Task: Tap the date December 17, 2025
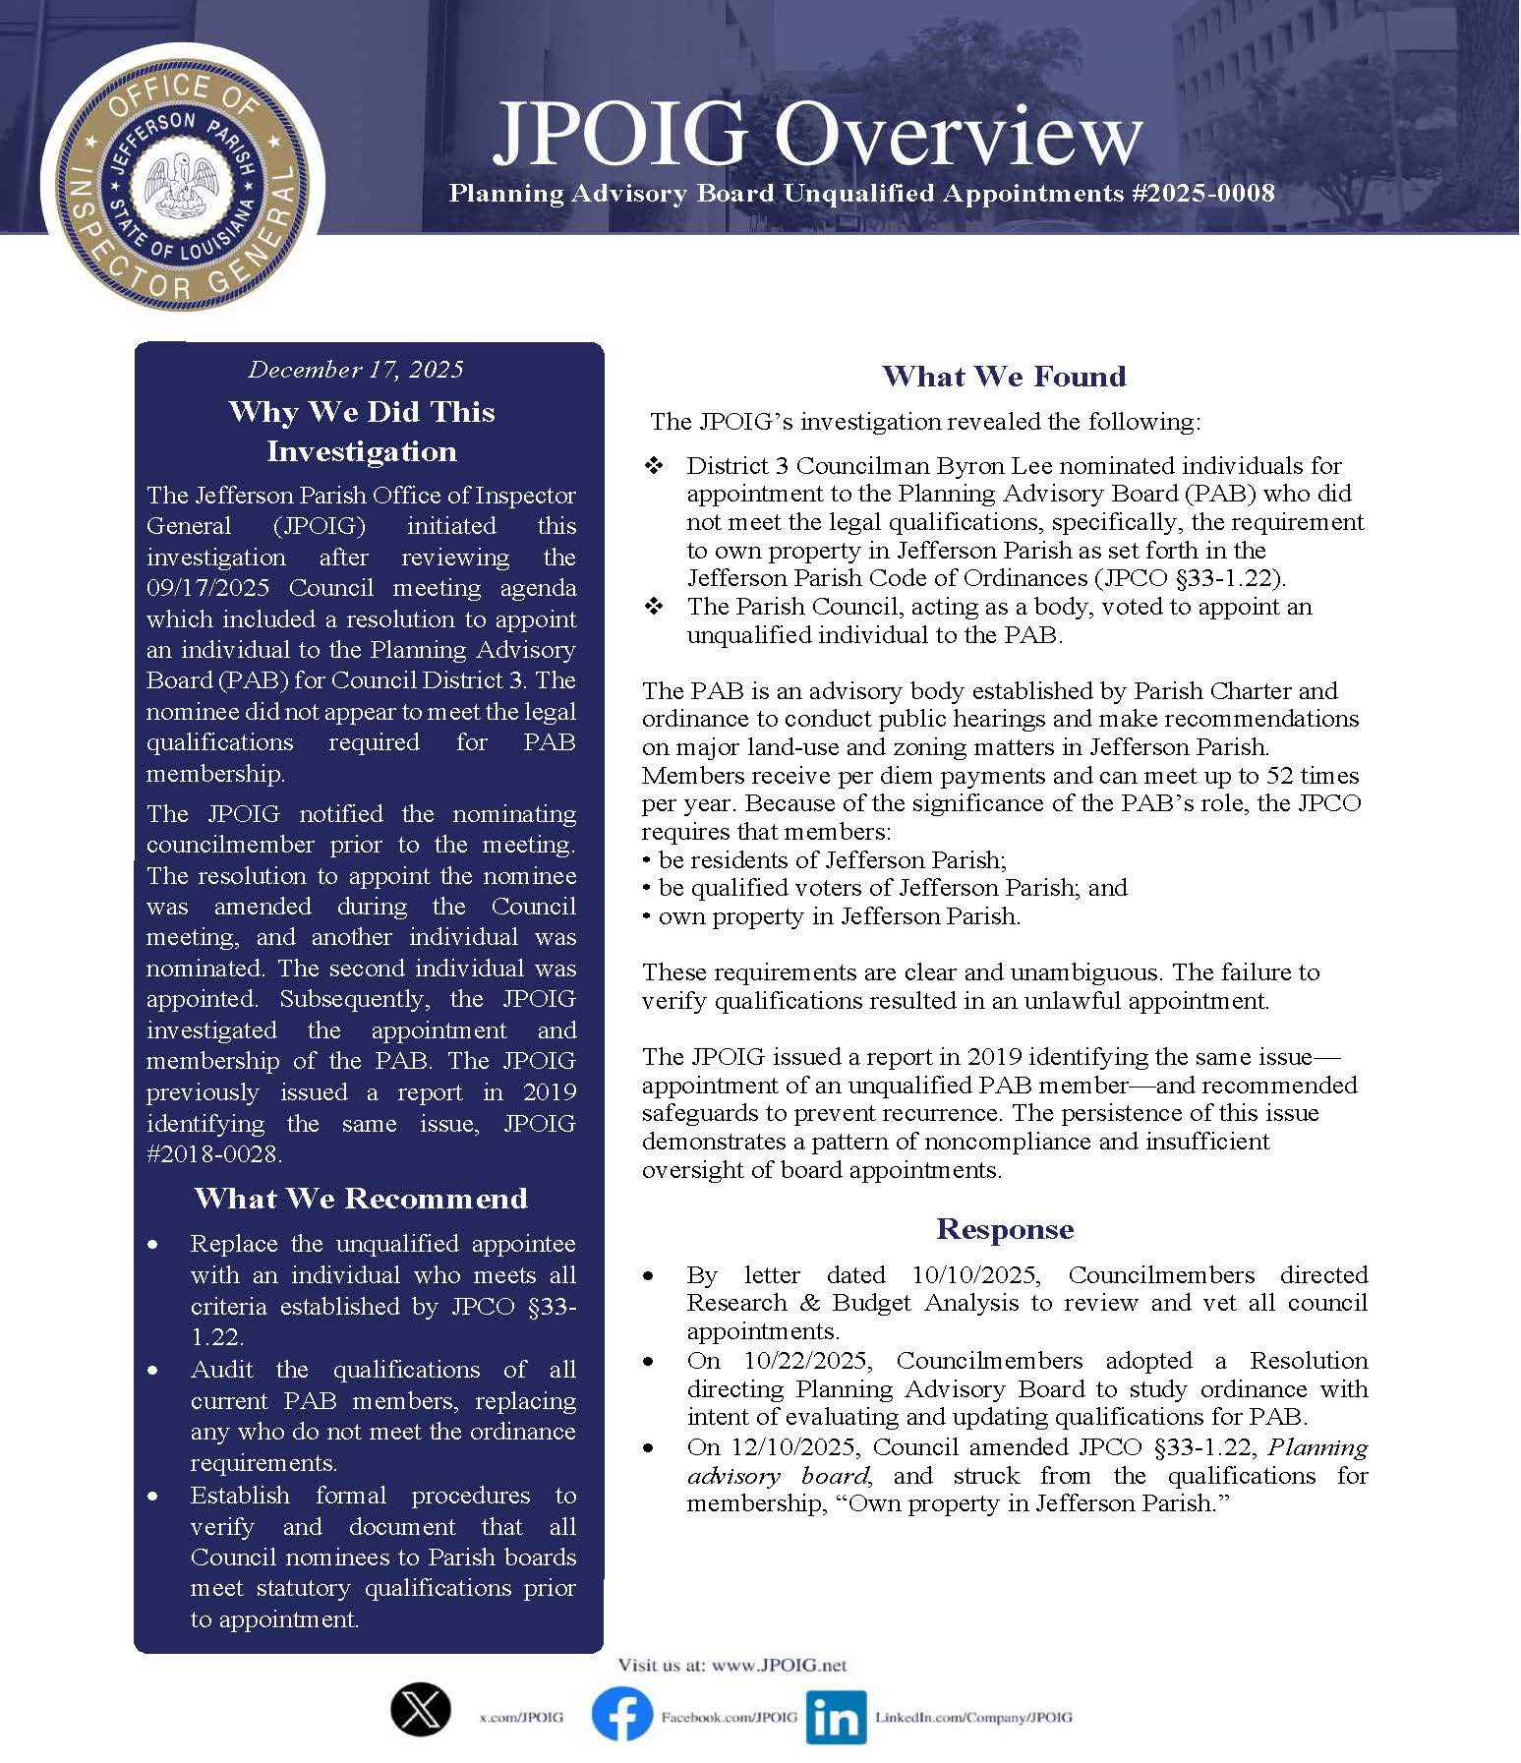(x=355, y=370)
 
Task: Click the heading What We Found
(x=1004, y=377)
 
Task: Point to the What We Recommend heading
(x=361, y=1199)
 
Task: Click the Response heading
(x=1004, y=1229)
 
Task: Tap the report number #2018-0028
(x=213, y=1153)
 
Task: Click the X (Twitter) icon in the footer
(x=421, y=1709)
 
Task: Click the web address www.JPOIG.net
(x=778, y=1666)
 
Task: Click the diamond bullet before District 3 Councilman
(x=654, y=466)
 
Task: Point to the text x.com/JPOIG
(x=521, y=1717)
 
